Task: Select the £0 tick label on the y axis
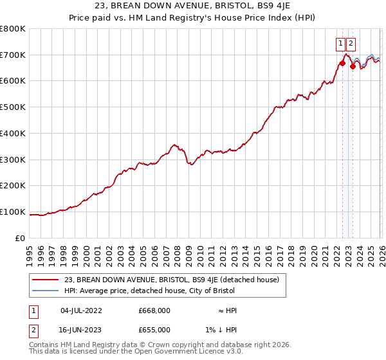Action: tap(21, 238)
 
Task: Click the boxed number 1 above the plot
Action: tap(340, 44)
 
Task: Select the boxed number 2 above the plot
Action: tap(351, 44)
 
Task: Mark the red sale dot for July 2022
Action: tap(342, 63)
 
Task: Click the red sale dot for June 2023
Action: tap(353, 66)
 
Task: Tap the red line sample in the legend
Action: tap(46, 280)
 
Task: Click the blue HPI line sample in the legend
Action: tap(46, 291)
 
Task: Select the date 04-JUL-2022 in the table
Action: tap(81, 310)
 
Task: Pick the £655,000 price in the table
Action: tap(154, 330)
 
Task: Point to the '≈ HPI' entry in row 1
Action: tap(227, 310)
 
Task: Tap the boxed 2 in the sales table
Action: tap(34, 330)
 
